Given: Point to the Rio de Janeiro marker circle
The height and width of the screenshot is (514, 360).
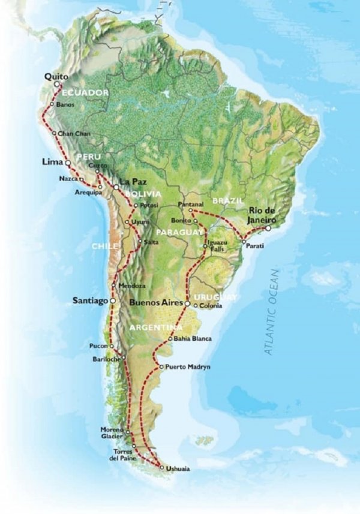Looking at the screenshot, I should [x=268, y=229].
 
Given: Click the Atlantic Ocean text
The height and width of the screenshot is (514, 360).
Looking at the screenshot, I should [x=272, y=312].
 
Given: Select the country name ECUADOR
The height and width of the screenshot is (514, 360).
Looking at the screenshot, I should [x=85, y=93].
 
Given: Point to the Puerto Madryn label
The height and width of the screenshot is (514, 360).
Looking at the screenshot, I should [x=187, y=366].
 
